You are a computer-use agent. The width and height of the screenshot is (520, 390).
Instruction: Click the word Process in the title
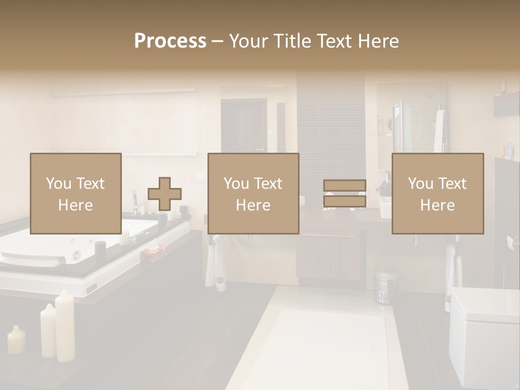coord(170,41)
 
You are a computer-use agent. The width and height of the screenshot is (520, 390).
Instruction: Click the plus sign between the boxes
coord(165,194)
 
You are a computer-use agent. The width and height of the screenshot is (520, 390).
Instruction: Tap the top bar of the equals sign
coord(344,186)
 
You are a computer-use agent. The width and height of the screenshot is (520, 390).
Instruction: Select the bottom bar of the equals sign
coord(344,201)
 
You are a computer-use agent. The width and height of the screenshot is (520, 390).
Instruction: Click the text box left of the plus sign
coord(75,193)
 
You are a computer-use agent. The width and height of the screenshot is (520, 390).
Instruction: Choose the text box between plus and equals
coord(253,193)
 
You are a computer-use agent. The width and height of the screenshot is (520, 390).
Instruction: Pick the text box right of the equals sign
coord(437,193)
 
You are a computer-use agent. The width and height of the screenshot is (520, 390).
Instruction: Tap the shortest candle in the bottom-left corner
coord(16,340)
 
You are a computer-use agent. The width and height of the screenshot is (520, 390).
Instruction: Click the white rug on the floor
coord(320,347)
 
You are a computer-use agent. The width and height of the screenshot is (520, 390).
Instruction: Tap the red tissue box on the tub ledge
coord(153,250)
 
